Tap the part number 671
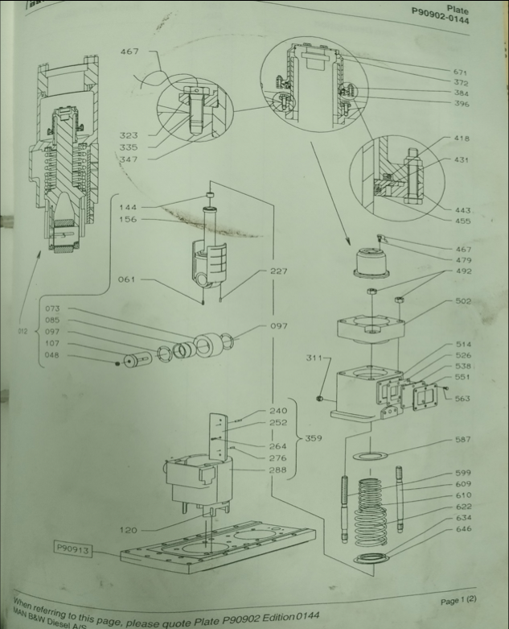(x=461, y=72)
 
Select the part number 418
(x=462, y=138)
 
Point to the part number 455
(x=462, y=221)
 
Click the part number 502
(x=463, y=301)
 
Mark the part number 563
(x=463, y=398)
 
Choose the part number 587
(x=463, y=440)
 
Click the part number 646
(x=463, y=529)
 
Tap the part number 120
(x=127, y=530)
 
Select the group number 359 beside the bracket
(x=314, y=439)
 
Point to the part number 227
(x=278, y=271)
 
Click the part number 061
(x=127, y=279)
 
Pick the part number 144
(x=128, y=207)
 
